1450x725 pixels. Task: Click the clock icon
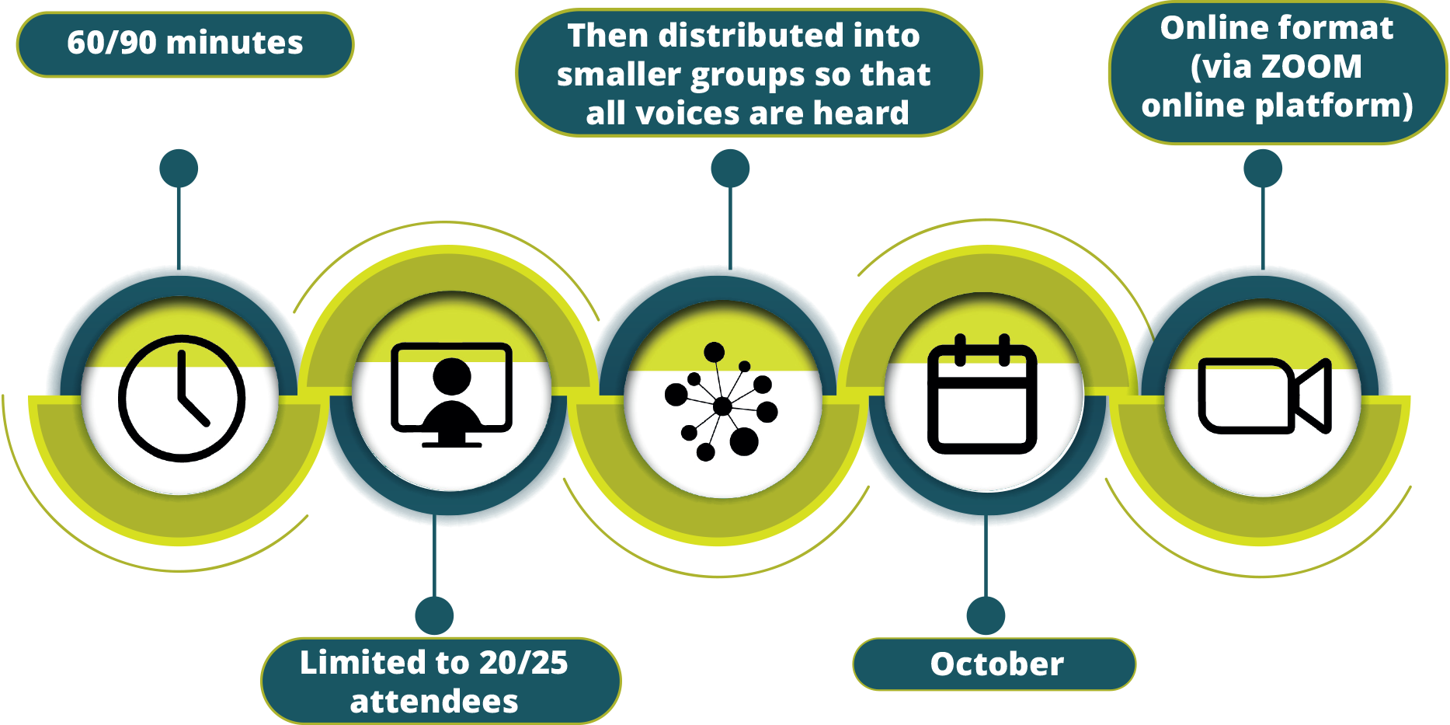(x=182, y=399)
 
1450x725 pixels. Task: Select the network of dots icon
(x=722, y=402)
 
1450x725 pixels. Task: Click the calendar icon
(x=982, y=394)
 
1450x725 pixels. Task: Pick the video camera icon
(x=1265, y=396)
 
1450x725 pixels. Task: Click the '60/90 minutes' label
(x=185, y=43)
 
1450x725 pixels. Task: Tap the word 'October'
(x=997, y=664)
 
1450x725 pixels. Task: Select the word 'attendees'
(x=434, y=702)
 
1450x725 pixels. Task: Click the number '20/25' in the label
(x=523, y=663)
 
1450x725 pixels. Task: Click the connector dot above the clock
(x=179, y=169)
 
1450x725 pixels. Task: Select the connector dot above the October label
(x=986, y=616)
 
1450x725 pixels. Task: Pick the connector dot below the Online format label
(x=1263, y=169)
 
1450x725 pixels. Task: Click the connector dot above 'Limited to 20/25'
(x=434, y=616)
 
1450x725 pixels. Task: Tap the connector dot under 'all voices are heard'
(x=730, y=169)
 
